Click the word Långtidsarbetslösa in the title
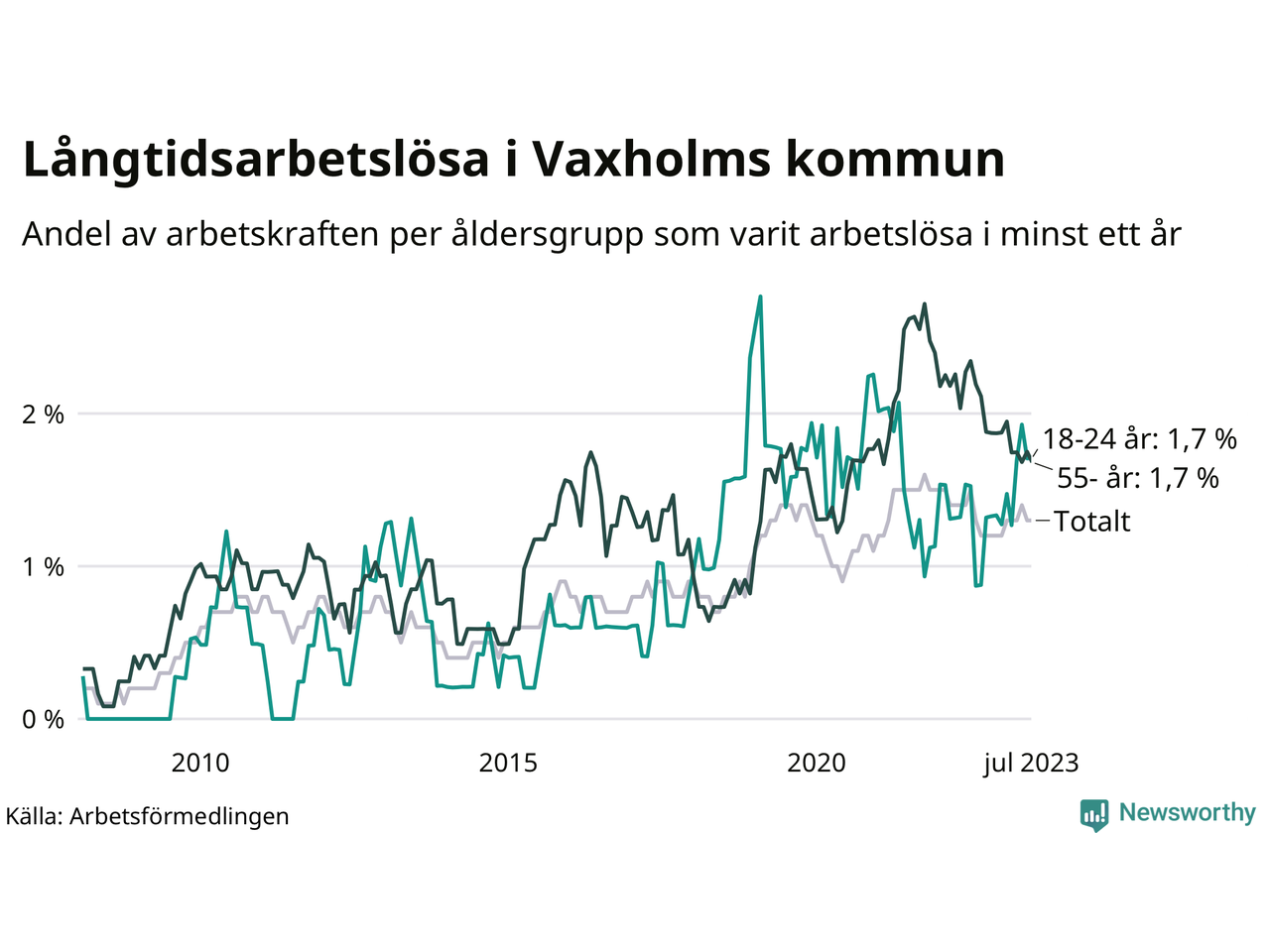click(x=255, y=161)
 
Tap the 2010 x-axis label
click(x=200, y=763)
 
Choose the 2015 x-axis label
click(x=508, y=763)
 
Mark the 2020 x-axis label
click(x=817, y=763)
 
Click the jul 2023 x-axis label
click(x=1031, y=763)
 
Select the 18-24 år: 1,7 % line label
click(x=1139, y=439)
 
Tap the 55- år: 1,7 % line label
click(x=1138, y=478)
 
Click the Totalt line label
click(x=1091, y=521)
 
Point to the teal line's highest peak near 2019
click(x=760, y=297)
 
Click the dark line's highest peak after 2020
click(x=924, y=304)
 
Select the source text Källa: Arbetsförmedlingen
click(x=147, y=816)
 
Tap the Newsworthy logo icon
click(x=1094, y=814)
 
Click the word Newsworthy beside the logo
click(x=1187, y=812)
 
